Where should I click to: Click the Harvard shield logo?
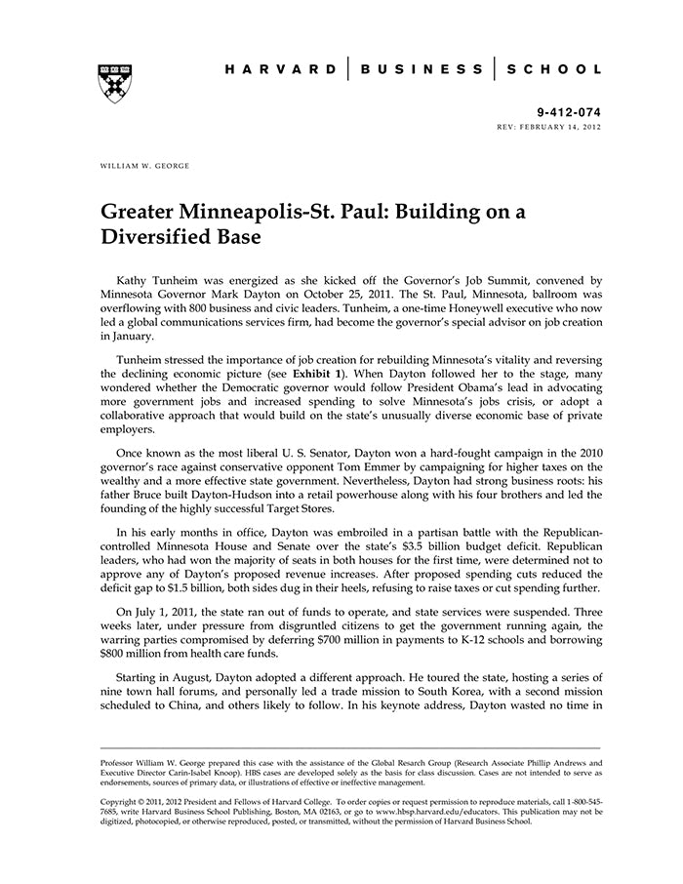(114, 85)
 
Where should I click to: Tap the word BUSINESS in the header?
(422, 70)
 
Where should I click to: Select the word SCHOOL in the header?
(553, 70)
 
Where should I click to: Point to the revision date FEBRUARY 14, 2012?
(561, 128)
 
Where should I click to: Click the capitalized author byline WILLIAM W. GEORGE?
(145, 166)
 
